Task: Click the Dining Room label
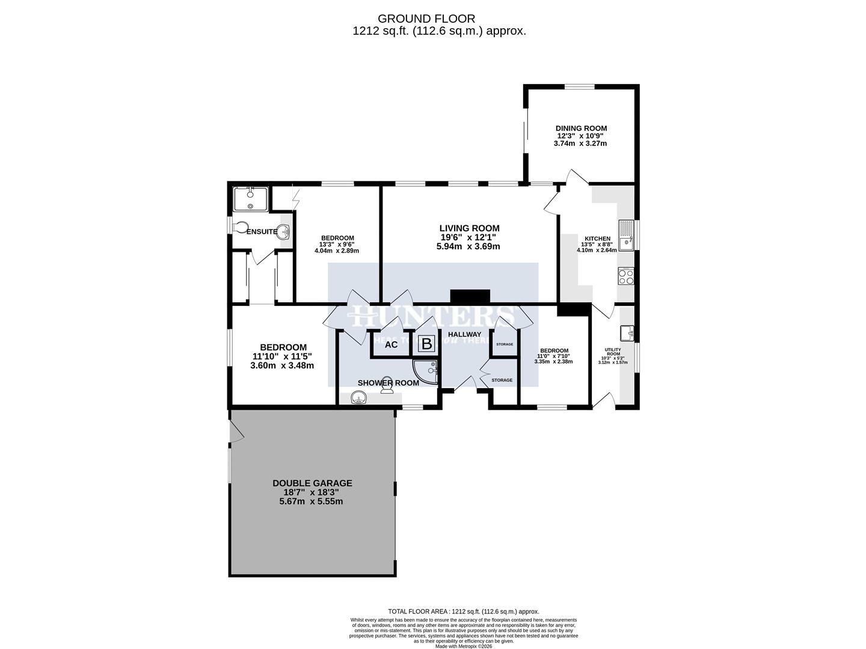[581, 128]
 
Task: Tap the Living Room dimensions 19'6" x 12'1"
[469, 237]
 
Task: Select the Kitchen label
[596, 239]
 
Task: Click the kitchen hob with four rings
[625, 276]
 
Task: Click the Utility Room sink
[627, 332]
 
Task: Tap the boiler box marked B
[426, 344]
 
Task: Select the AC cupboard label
[391, 344]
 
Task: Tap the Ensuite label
[262, 231]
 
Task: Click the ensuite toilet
[241, 228]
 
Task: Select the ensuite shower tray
[251, 199]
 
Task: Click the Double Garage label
[312, 483]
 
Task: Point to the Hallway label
[464, 335]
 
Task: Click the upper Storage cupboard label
[505, 344]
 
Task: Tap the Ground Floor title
[439, 19]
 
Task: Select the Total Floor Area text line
[464, 611]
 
